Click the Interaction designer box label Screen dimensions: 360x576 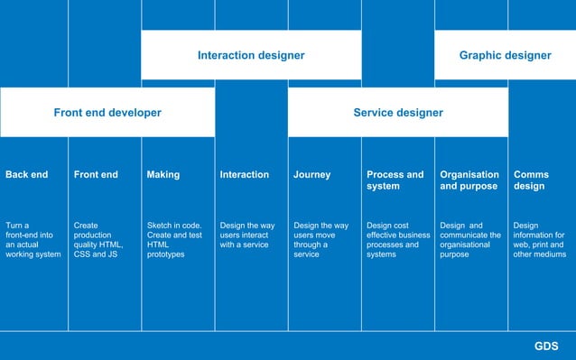coord(251,55)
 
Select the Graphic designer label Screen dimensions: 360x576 coord(505,55)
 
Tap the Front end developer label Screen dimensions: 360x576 coord(107,113)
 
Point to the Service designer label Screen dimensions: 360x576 coord(398,113)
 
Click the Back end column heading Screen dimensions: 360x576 coord(27,175)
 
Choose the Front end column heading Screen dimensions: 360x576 coord(96,175)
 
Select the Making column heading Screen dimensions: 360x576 coord(163,175)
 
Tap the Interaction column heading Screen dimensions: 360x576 coord(245,175)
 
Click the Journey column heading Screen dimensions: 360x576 coord(312,175)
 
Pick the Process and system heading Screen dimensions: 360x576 coord(395,180)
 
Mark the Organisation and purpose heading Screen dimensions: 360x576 coord(469,180)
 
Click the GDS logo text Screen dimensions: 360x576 coord(546,346)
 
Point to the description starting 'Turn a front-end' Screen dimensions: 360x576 coord(33,240)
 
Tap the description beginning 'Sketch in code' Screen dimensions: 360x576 coord(174,240)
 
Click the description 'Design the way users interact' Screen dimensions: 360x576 coord(247,235)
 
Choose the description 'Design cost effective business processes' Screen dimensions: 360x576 coord(398,240)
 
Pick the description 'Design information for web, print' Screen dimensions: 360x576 coord(538,240)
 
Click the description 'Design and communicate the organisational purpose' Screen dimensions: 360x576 coord(470,240)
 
